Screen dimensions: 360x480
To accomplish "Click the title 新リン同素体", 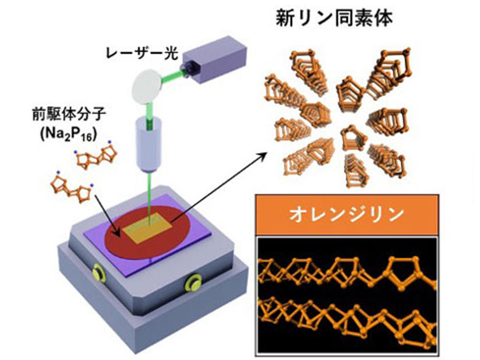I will [333, 18].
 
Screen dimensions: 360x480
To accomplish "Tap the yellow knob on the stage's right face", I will [192, 284].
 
